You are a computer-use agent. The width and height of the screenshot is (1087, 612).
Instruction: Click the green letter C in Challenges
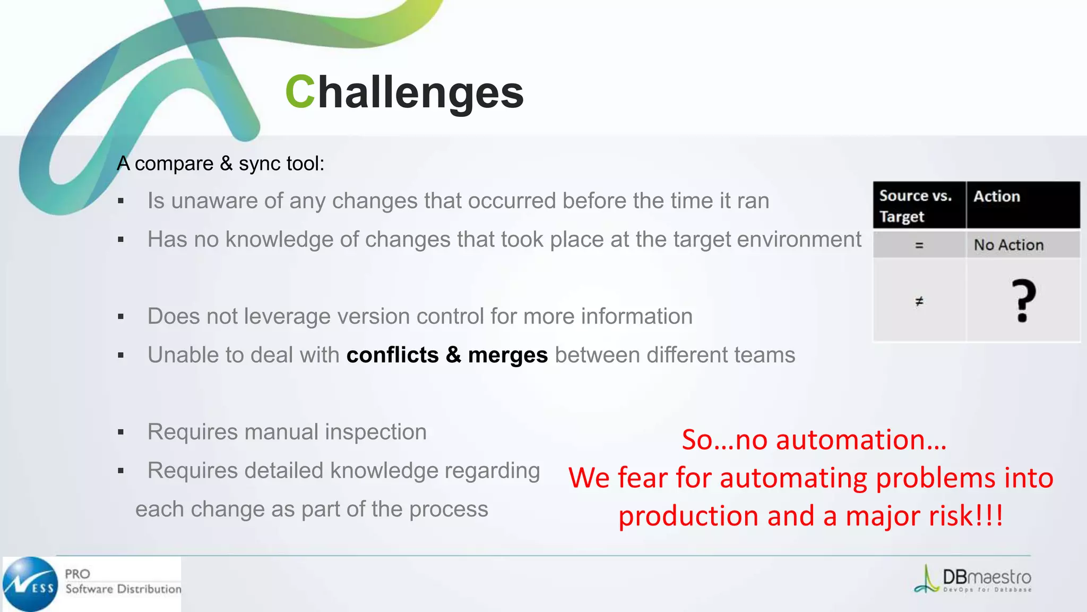pyautogui.click(x=300, y=92)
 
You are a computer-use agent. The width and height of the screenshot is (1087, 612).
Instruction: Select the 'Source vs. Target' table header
pyautogui.click(x=915, y=206)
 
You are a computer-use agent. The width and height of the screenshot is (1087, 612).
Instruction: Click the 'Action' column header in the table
pyautogui.click(x=996, y=197)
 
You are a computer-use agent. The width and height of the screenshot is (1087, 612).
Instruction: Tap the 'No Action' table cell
pyautogui.click(x=1008, y=245)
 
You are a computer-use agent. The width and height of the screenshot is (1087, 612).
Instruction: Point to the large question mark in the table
pyautogui.click(x=1023, y=301)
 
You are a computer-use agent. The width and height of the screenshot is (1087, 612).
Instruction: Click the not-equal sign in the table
pyautogui.click(x=919, y=301)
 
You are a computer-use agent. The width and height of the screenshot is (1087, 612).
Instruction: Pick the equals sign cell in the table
pyautogui.click(x=919, y=245)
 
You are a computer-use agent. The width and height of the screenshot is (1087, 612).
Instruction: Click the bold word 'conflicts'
pyautogui.click(x=392, y=355)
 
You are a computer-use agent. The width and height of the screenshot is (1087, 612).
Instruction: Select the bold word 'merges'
pyautogui.click(x=507, y=355)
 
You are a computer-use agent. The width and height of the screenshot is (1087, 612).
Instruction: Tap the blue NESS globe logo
pyautogui.click(x=30, y=584)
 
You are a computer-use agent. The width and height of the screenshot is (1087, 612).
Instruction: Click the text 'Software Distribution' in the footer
pyautogui.click(x=123, y=589)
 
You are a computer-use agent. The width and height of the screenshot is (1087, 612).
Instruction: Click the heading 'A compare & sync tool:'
pyautogui.click(x=220, y=164)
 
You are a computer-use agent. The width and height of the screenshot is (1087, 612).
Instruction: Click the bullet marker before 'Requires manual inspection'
pyautogui.click(x=121, y=432)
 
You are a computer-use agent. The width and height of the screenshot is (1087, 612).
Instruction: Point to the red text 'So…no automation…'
pyautogui.click(x=814, y=440)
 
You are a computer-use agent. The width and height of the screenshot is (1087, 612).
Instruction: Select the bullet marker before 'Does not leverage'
pyautogui.click(x=121, y=317)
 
